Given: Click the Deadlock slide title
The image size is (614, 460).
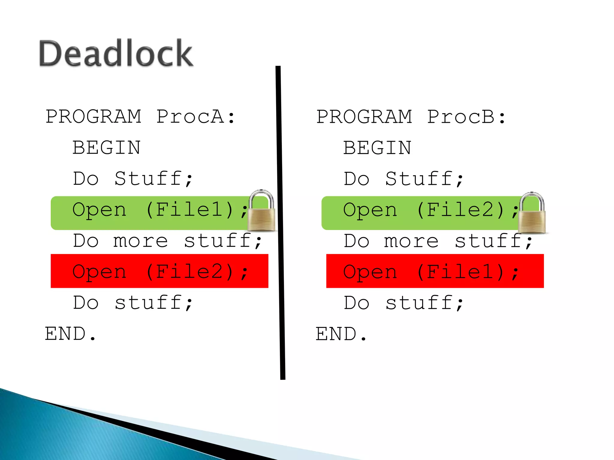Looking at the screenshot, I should tap(116, 53).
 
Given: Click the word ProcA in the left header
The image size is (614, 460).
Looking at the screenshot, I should tap(190, 116).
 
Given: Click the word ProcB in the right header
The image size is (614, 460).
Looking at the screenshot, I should tap(461, 116).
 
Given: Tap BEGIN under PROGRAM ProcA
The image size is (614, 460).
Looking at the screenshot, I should tap(106, 148).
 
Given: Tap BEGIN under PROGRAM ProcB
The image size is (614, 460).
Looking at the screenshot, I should tap(377, 148).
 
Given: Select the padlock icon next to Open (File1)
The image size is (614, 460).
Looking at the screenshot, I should tap(262, 211).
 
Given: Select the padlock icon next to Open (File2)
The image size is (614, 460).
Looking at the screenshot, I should tap(532, 213).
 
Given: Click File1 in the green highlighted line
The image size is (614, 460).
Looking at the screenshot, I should tap(190, 209).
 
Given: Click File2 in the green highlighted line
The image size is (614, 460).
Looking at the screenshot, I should tap(461, 209).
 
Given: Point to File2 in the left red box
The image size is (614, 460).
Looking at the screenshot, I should tap(190, 272).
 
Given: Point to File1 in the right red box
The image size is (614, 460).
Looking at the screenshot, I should tap(461, 272).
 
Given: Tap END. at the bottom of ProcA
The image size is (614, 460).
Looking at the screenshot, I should tap(70, 334).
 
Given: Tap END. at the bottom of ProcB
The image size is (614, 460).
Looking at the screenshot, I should tap(341, 334).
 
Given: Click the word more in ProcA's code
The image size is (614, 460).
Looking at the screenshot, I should tap(140, 241).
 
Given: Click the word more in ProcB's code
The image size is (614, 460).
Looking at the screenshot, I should tap(411, 241).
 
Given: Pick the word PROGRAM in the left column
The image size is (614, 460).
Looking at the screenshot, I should tap(93, 116).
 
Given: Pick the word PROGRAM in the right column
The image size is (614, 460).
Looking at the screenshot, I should tap(364, 116).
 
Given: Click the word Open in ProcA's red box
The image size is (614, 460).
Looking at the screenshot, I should tap(99, 272).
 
